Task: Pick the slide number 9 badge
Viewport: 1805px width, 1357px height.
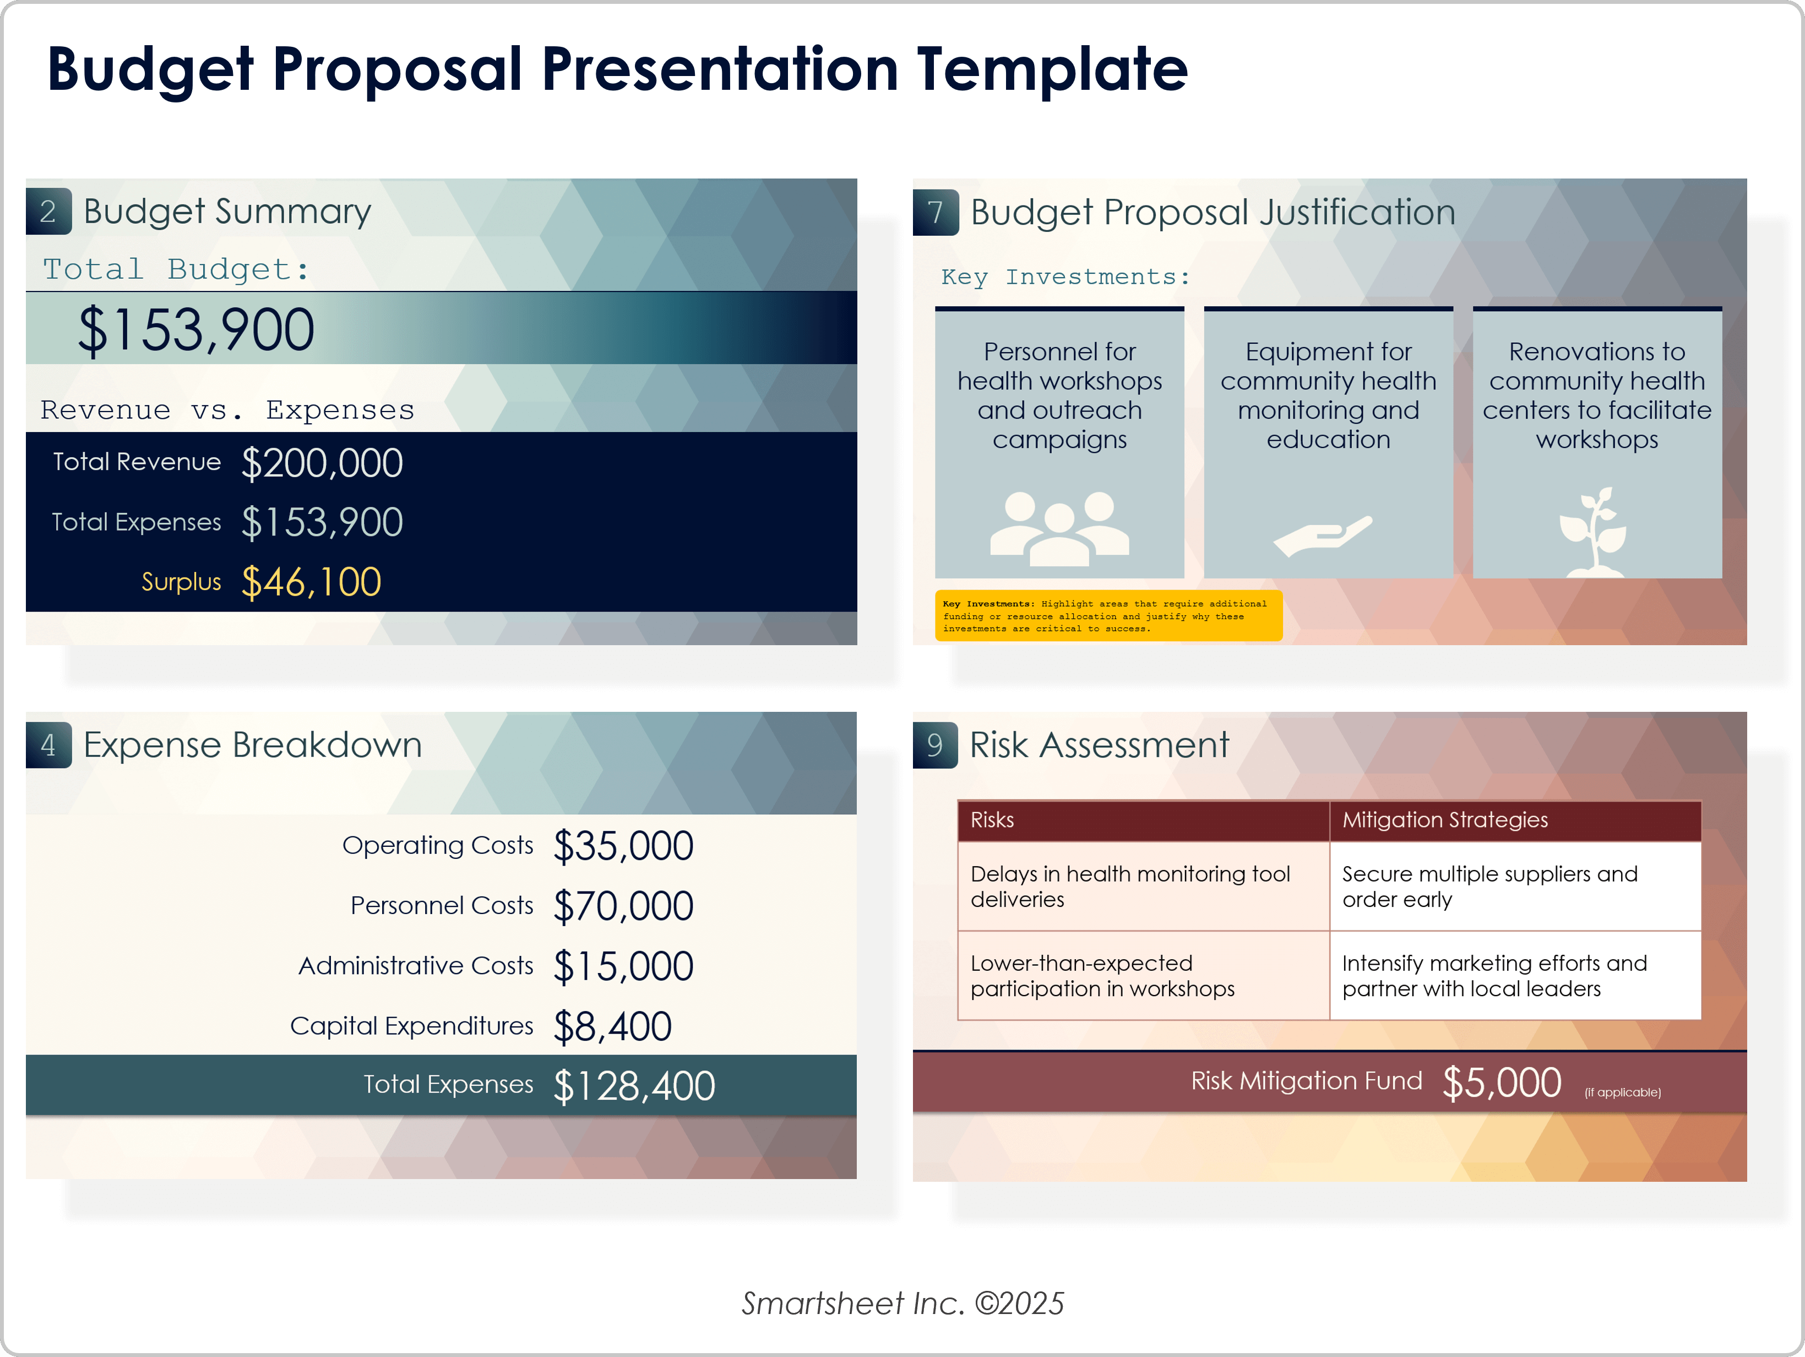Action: click(x=935, y=745)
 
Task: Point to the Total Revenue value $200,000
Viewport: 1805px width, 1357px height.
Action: click(x=322, y=463)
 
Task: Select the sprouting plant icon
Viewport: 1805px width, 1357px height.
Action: click(x=1594, y=532)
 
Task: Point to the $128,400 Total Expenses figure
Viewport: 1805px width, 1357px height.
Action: click(x=634, y=1086)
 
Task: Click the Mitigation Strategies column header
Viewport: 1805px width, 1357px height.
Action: click(x=1445, y=820)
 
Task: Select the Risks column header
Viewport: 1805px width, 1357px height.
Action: click(x=992, y=820)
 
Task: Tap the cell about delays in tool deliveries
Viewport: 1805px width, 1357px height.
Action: click(x=1143, y=886)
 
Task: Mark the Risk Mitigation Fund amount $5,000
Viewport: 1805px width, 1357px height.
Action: click(x=1502, y=1083)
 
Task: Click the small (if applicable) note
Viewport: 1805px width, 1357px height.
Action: click(x=1622, y=1093)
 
